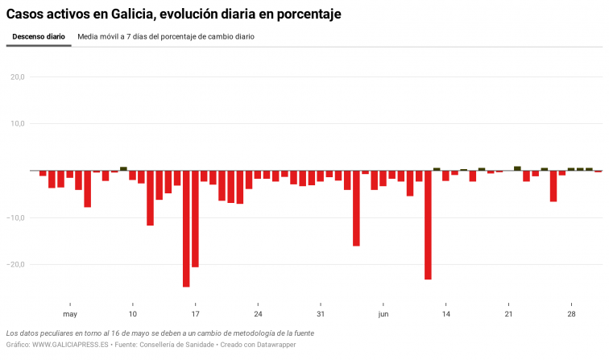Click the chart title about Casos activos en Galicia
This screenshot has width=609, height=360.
tap(173, 14)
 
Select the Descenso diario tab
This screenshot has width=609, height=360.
tap(39, 37)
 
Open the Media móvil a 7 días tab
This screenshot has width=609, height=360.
tap(166, 37)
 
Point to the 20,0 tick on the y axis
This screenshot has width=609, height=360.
tap(18, 77)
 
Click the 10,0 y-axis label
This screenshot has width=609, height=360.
tap(18, 124)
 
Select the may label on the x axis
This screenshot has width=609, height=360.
tap(70, 314)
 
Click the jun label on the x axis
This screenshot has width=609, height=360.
tap(383, 314)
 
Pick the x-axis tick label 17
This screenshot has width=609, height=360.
tap(195, 314)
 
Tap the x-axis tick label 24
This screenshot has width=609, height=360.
tap(258, 314)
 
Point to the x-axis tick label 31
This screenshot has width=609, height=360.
tap(321, 314)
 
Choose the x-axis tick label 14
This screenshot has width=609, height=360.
tap(445, 314)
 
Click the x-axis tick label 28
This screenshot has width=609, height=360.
tap(571, 314)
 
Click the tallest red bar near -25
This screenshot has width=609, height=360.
tap(186, 229)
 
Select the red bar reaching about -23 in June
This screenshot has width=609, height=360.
tap(428, 225)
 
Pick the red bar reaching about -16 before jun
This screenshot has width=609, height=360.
tap(356, 209)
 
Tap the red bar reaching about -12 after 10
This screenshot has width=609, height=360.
tap(151, 198)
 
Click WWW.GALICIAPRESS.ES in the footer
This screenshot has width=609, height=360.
tap(71, 345)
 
